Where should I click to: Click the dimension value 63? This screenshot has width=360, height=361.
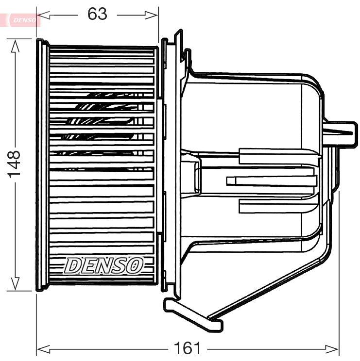point(97,15)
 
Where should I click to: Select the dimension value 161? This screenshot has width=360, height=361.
point(187,348)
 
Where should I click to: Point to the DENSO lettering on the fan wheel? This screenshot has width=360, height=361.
point(104,265)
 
